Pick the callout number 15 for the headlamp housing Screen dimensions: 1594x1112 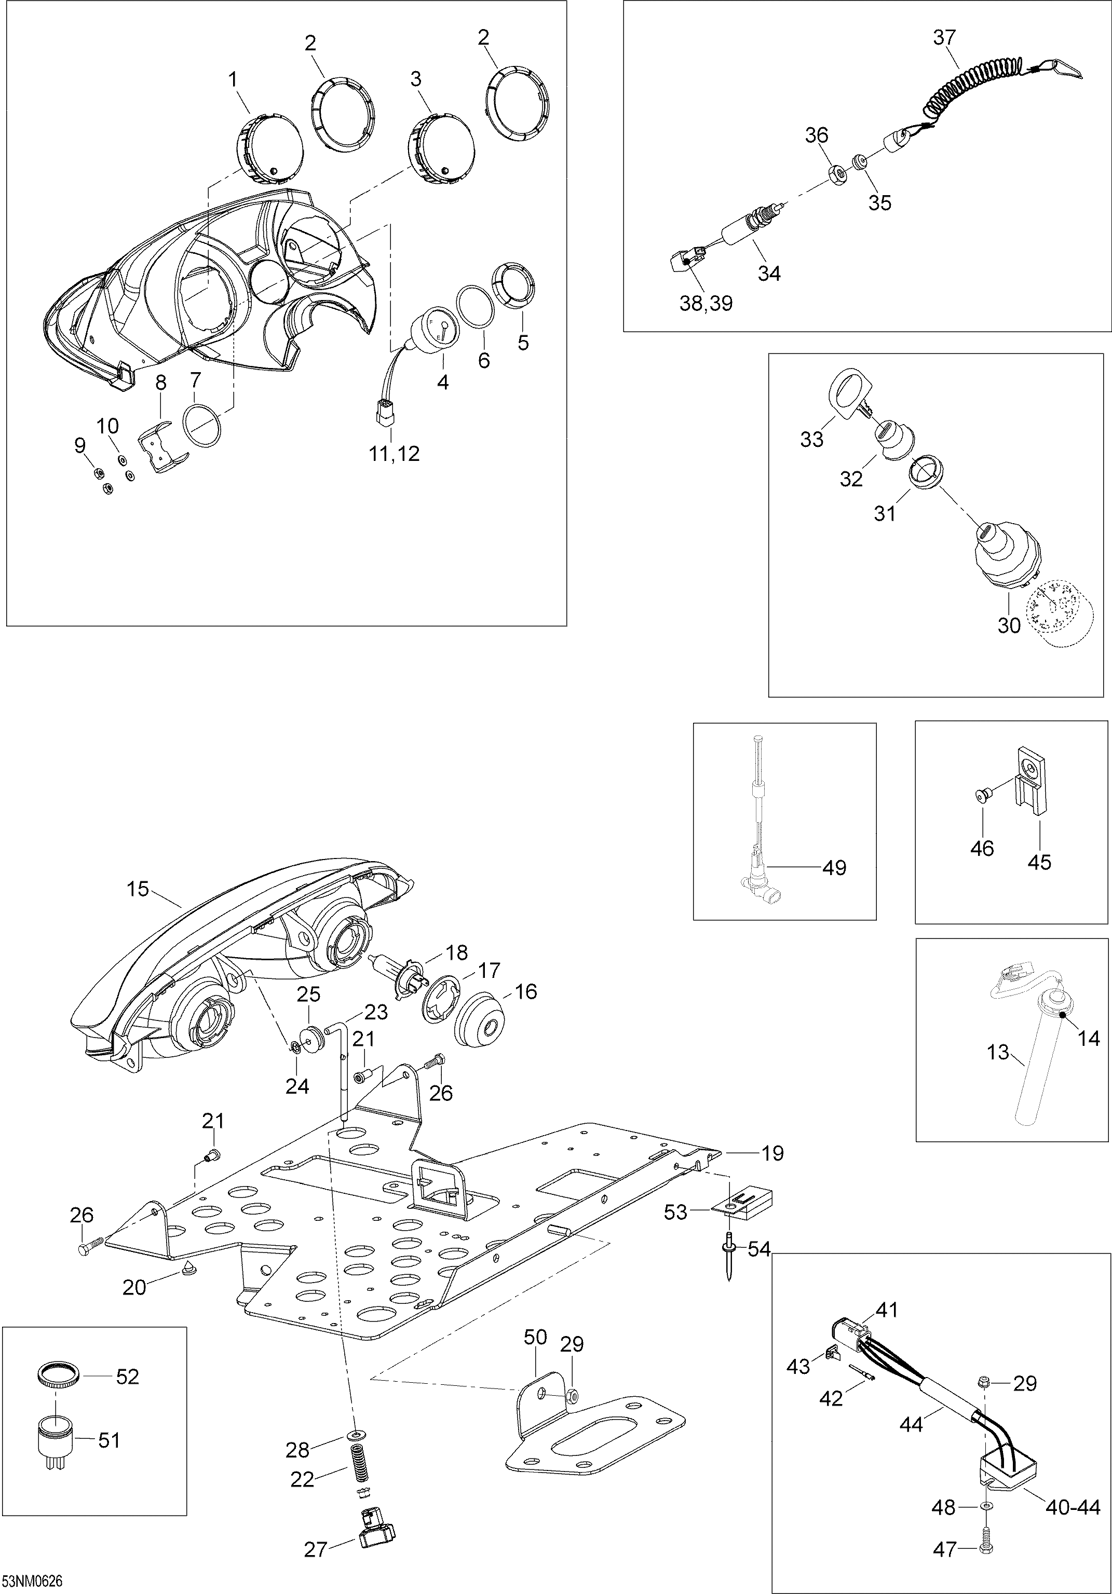(x=138, y=889)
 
